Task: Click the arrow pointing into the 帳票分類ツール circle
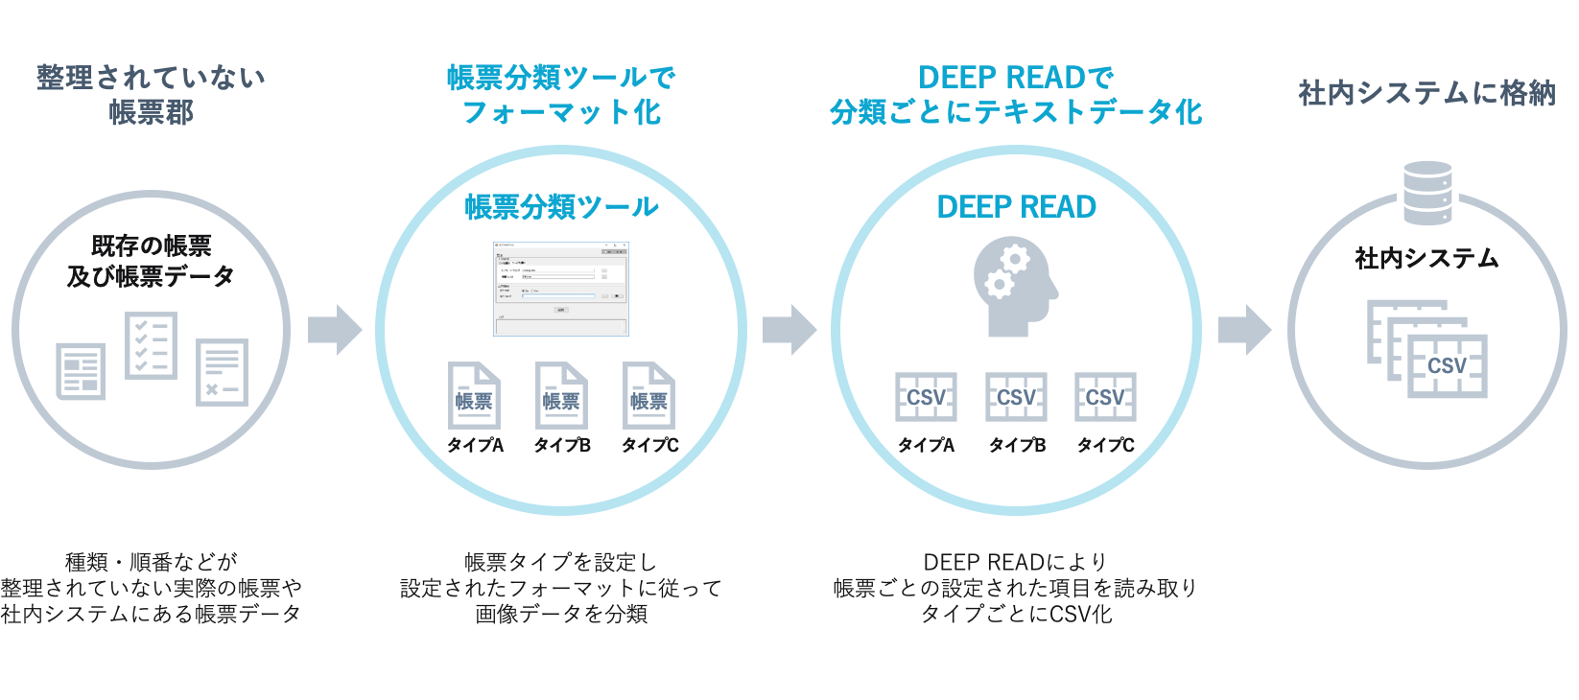pos(334,330)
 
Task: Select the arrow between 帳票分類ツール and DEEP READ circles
pos(789,330)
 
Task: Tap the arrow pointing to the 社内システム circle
pos(1243,330)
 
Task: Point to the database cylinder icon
pos(1427,193)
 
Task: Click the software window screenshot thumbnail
pos(561,289)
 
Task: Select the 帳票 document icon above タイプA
pos(474,395)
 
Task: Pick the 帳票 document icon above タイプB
pos(561,395)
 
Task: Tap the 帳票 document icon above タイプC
pos(648,395)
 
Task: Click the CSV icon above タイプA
pos(926,397)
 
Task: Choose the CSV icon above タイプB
pos(1016,397)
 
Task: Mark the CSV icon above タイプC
pos(1105,397)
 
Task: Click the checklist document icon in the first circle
pos(152,345)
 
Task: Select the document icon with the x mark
pos(222,372)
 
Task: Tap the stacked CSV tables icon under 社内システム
pos(1427,350)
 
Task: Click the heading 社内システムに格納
pos(1426,93)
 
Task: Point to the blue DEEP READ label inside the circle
pos(1016,207)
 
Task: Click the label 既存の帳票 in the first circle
pos(151,245)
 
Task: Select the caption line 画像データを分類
pos(561,614)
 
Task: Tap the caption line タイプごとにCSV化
pos(1016,614)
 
